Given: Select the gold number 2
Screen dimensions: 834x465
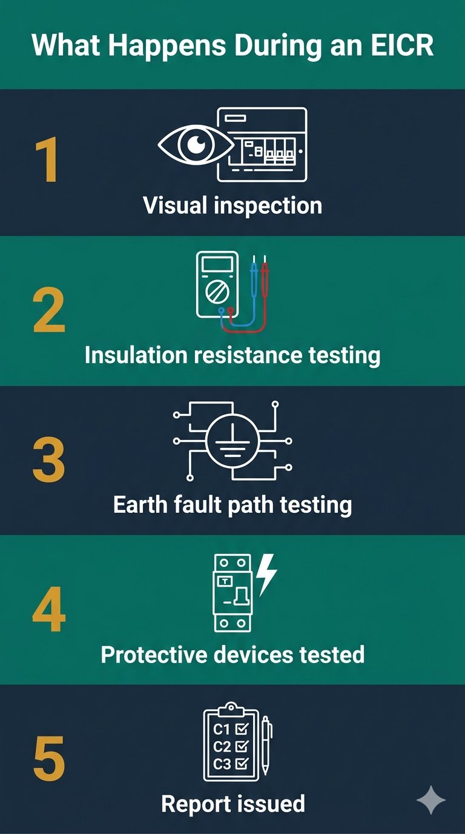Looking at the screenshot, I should click(x=48, y=311).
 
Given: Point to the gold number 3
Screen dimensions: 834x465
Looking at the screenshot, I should click(x=48, y=461).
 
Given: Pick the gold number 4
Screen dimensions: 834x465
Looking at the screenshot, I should click(x=48, y=610).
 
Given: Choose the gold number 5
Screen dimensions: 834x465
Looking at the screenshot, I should click(x=48, y=759).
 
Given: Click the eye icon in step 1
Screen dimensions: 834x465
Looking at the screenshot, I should click(x=195, y=145).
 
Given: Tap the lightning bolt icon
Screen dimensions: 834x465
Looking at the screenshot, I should click(x=266, y=574).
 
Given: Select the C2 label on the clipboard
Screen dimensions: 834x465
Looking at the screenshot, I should click(x=222, y=746).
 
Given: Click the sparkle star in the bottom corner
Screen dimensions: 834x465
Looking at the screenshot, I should click(x=431, y=800).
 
